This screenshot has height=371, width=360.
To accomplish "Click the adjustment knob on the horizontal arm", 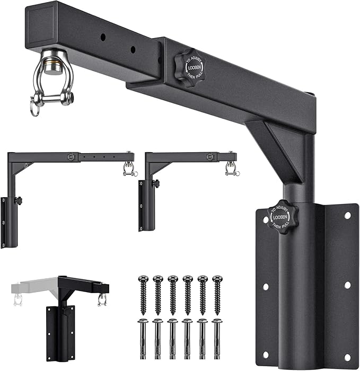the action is tap(190, 68).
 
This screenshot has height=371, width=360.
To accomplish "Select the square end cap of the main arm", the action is tap(40, 25).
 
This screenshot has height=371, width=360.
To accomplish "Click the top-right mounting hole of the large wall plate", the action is tap(347, 216).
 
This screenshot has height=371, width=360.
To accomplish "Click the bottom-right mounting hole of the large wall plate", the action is tap(347, 357).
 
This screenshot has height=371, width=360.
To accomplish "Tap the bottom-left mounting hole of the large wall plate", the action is tap(266, 355).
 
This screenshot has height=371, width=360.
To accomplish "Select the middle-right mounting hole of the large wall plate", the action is tap(347, 285).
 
